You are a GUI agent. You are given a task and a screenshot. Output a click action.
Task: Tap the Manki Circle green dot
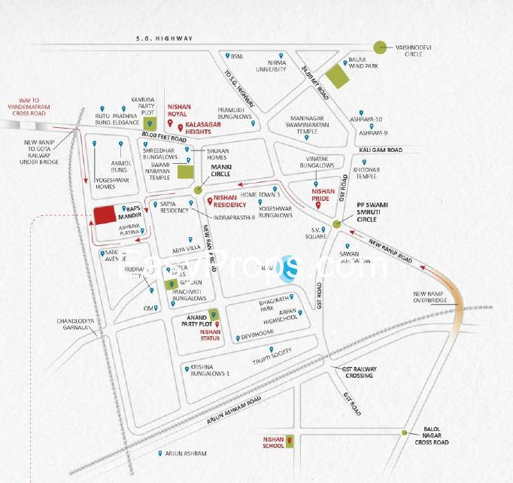coord(198,191)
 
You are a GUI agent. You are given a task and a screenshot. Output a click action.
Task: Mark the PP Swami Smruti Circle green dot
coord(338,224)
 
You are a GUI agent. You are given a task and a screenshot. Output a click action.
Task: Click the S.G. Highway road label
coord(164,38)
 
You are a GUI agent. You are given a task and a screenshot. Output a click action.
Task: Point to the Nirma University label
coord(272,65)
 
